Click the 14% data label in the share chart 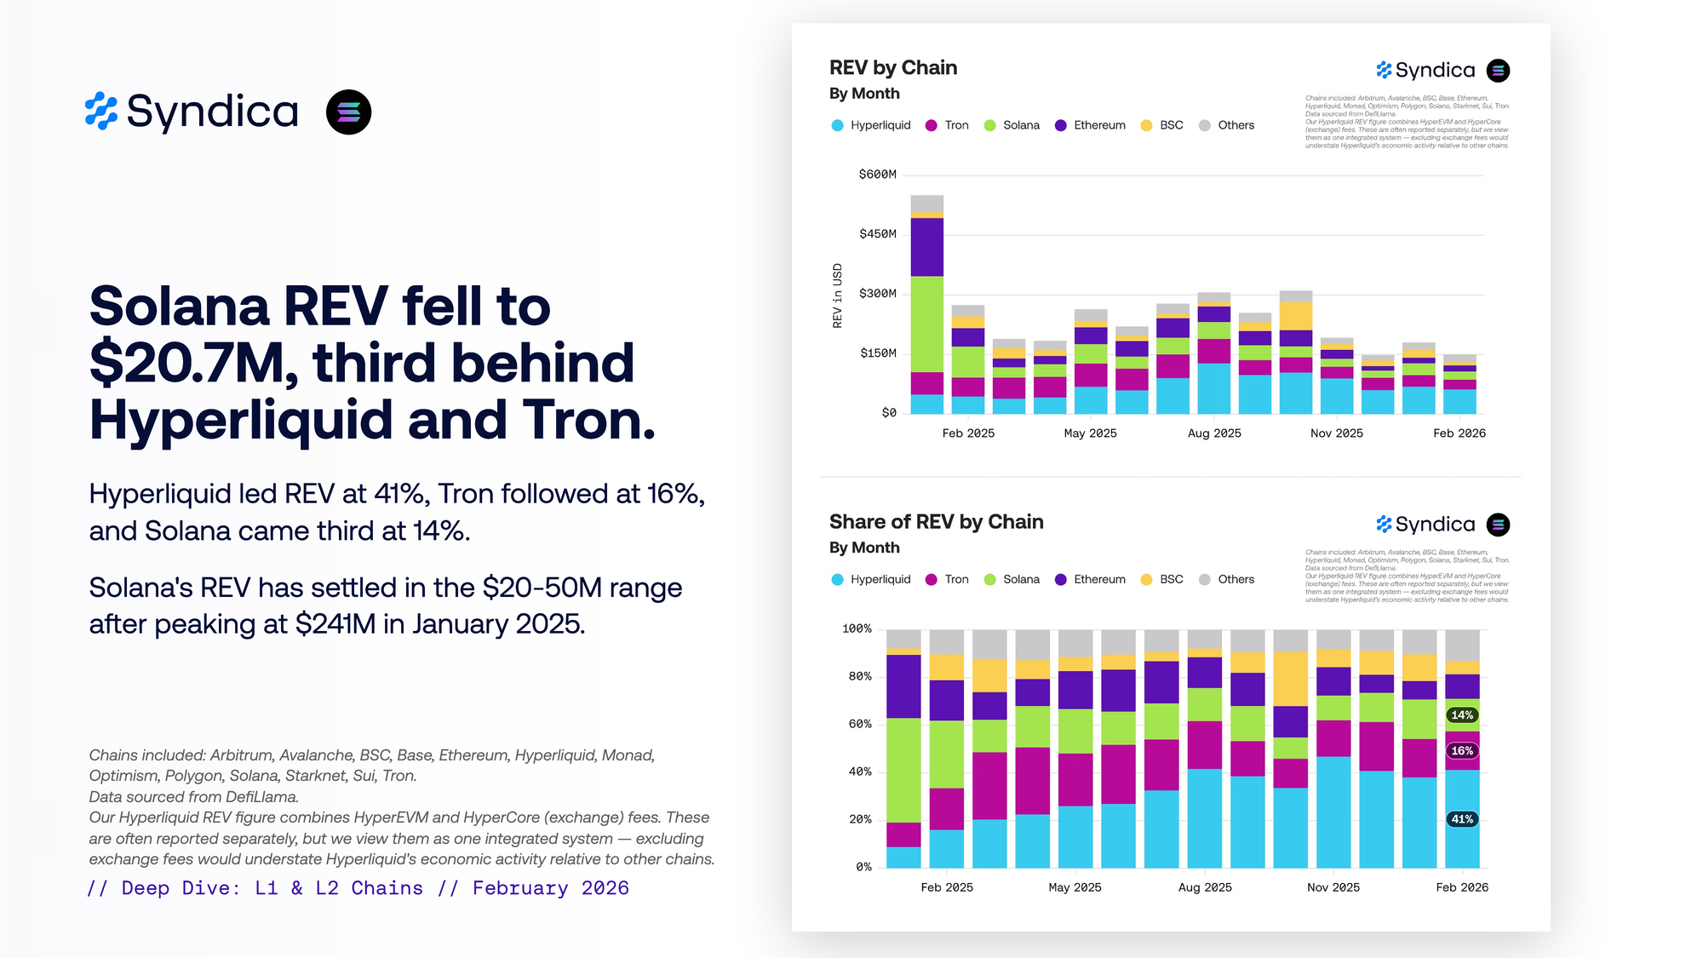(x=1462, y=715)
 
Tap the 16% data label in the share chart (x=1462, y=751)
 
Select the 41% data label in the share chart (x=1462, y=819)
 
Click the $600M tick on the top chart (x=877, y=175)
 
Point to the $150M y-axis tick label (x=877, y=353)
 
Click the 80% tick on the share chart (x=860, y=676)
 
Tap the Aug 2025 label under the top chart (x=1214, y=433)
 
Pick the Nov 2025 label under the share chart (x=1333, y=887)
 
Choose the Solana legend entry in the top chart (x=1012, y=125)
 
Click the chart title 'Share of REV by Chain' (x=936, y=522)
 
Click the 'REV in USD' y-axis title (x=838, y=295)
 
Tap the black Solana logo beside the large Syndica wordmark (x=348, y=112)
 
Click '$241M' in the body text (x=335, y=624)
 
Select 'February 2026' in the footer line (x=551, y=888)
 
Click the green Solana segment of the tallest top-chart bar (x=927, y=324)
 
